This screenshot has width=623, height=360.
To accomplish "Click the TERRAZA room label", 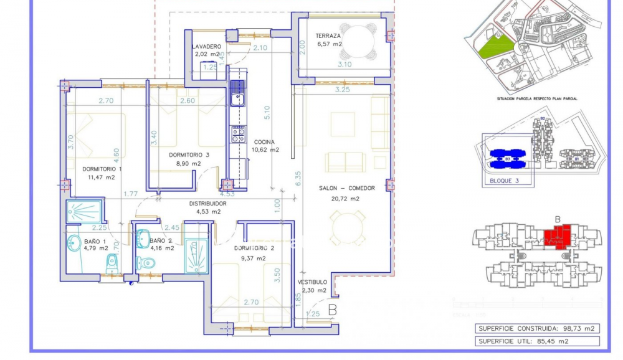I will click(328, 36).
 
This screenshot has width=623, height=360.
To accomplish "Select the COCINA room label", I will click(264, 142).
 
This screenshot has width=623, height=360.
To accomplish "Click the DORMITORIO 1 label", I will click(102, 169).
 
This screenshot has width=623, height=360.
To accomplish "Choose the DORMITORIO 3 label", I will click(189, 155).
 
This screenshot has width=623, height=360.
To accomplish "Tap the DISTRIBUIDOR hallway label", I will click(208, 204).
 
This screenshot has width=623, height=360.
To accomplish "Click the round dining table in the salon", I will click(348, 228).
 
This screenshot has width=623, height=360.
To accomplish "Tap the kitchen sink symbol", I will click(237, 98).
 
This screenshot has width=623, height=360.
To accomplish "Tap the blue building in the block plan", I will click(508, 159).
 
